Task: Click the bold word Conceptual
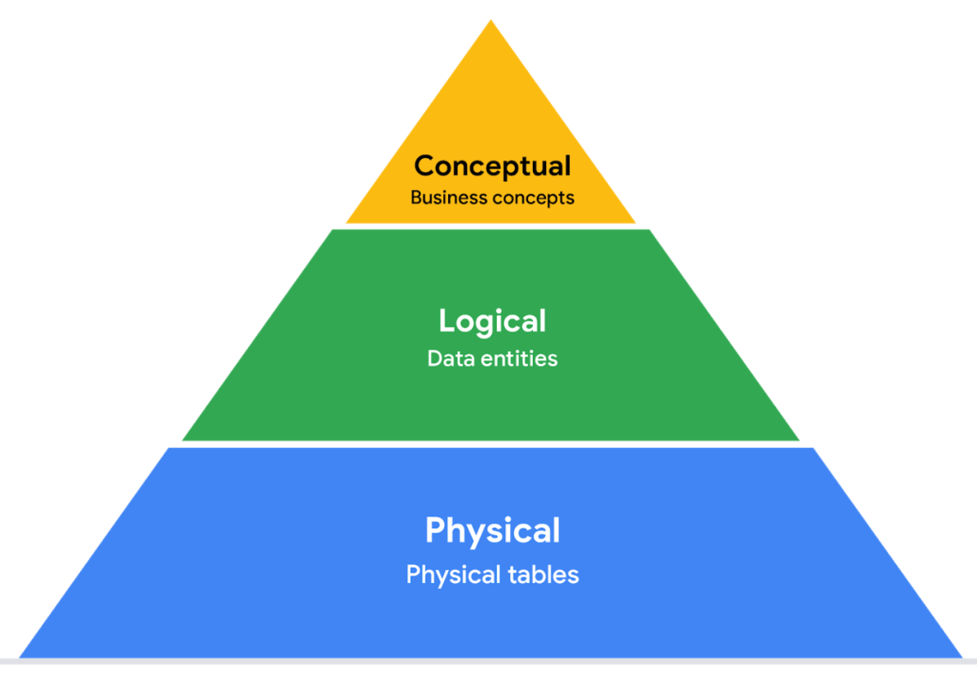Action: [492, 166]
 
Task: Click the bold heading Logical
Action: [492, 322]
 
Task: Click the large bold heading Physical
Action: [492, 531]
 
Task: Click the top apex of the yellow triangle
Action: [491, 22]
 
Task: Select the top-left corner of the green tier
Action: [332, 230]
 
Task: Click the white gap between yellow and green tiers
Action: [491, 226]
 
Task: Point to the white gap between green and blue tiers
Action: [491, 444]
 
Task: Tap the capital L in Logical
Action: [446, 320]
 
